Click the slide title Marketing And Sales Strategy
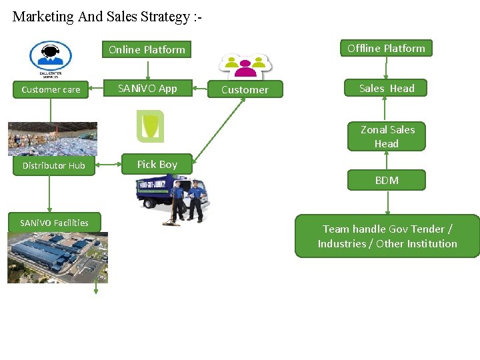[107, 17]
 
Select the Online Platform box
[147, 49]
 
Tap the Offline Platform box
[386, 48]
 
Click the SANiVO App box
[147, 88]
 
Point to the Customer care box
[51, 89]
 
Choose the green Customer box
[245, 89]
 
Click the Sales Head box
[387, 88]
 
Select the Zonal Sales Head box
[387, 137]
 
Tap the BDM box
[387, 180]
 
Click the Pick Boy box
[157, 164]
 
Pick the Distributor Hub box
[53, 165]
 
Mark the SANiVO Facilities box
[54, 223]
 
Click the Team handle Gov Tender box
[387, 236]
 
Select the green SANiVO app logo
[150, 126]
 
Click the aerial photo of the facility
[57, 257]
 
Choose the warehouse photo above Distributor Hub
[52, 139]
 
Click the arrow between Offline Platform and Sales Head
[387, 68]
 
